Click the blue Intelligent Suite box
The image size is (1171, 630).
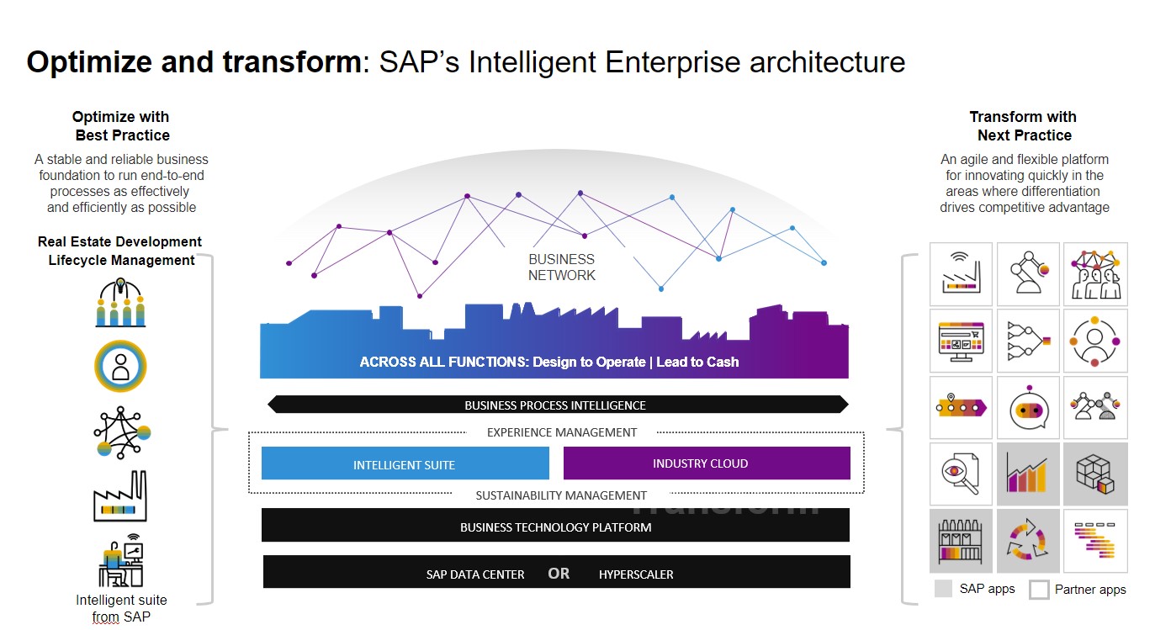(x=405, y=463)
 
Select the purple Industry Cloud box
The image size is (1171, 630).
(x=707, y=463)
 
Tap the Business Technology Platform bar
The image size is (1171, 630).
(x=555, y=527)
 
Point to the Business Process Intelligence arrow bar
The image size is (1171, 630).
(x=555, y=405)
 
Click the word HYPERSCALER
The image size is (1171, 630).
(x=636, y=574)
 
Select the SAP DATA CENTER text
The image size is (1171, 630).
(x=475, y=574)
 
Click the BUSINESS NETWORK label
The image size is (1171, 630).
(x=561, y=267)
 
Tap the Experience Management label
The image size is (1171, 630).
(x=562, y=432)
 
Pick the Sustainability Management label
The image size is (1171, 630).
(x=561, y=495)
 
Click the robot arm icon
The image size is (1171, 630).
(x=1028, y=274)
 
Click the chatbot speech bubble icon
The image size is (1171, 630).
(x=1028, y=408)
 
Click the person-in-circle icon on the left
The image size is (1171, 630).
(x=121, y=366)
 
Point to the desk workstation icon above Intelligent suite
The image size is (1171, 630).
(x=120, y=561)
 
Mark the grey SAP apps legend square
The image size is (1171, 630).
(x=944, y=588)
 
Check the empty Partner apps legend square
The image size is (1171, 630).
(x=1040, y=589)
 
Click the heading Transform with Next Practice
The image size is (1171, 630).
(x=1023, y=126)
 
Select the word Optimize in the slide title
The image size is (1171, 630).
(x=79, y=62)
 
